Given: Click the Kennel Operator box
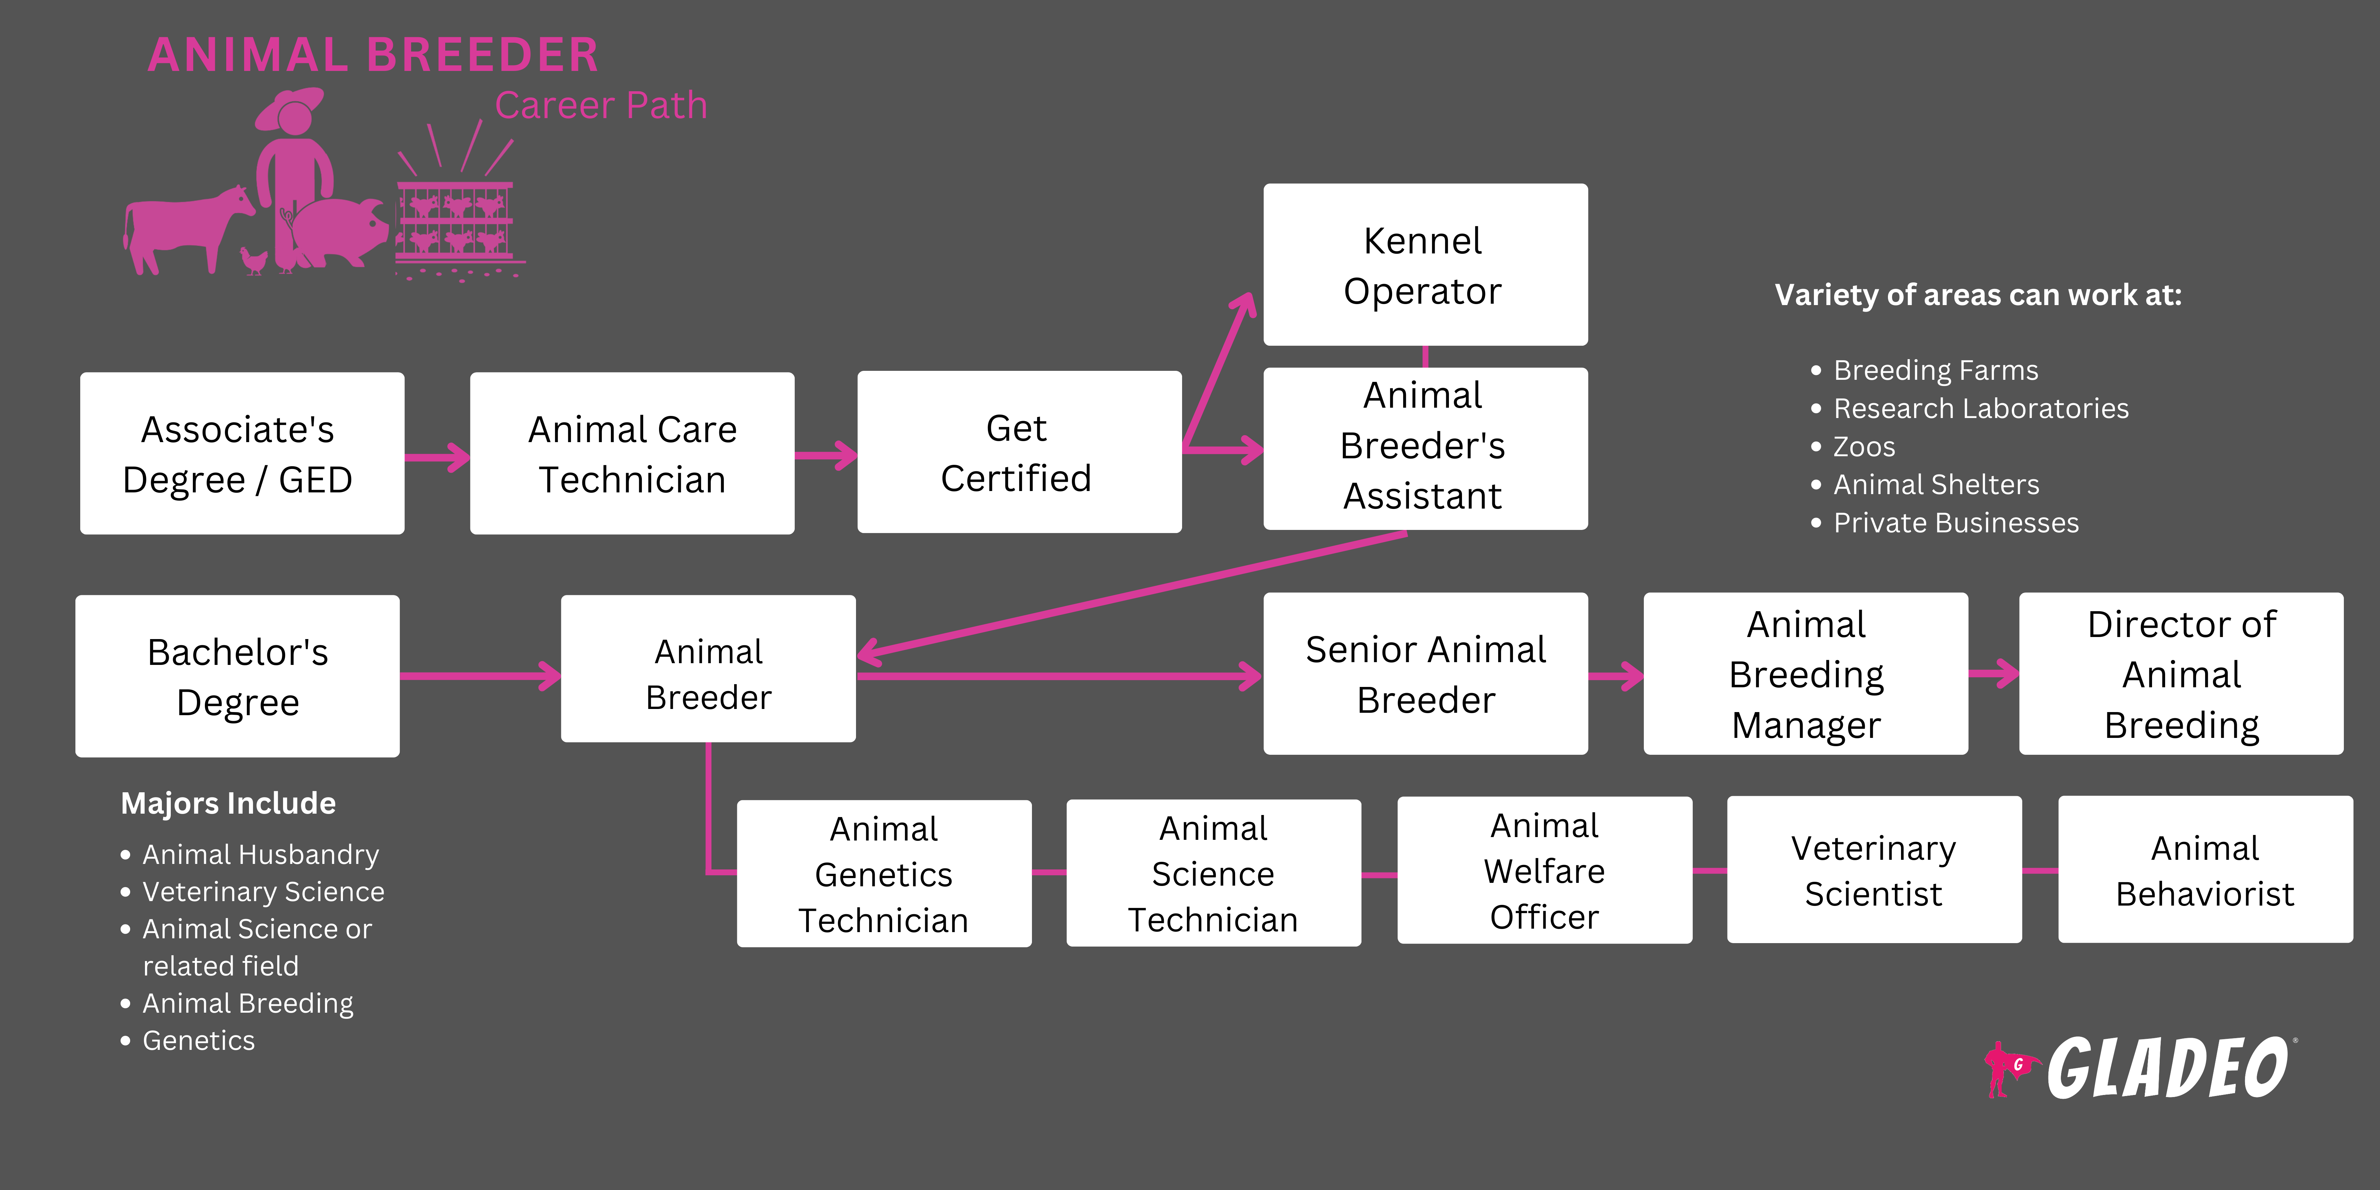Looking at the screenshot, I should (x=1425, y=265).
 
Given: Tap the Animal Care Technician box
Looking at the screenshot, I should (x=632, y=453).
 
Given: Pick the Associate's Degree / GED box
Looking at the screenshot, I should (x=242, y=453).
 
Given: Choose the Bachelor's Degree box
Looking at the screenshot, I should (x=238, y=676).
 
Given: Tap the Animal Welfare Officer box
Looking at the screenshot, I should (x=1544, y=870).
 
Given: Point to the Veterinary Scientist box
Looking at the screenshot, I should (x=1874, y=870).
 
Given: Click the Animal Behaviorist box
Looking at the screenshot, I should (x=2204, y=870).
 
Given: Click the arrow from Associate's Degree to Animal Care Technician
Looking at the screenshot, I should (x=437, y=457).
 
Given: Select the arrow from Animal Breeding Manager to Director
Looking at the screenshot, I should (x=1993, y=674).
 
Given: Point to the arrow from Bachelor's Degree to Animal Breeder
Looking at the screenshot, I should (x=480, y=676).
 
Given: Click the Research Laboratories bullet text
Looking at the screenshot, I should (x=1980, y=408).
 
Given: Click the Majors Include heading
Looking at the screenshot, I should (x=228, y=803).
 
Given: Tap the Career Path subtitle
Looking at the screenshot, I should (x=601, y=105).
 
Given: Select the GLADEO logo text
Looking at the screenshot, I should (x=2167, y=1069).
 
